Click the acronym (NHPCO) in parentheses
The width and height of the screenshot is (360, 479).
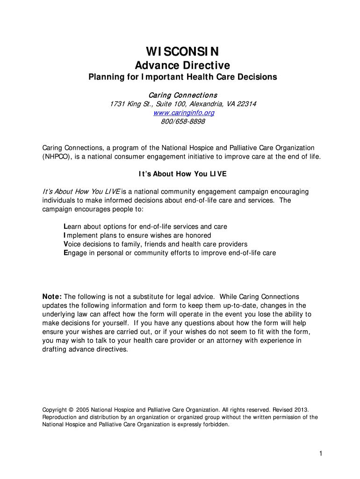pyautogui.click(x=57, y=156)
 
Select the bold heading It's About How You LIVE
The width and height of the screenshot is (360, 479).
pyautogui.click(x=182, y=174)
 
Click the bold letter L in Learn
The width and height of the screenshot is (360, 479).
pyautogui.click(x=65, y=227)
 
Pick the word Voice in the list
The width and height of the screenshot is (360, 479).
pyautogui.click(x=72, y=244)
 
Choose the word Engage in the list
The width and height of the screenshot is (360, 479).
pyautogui.click(x=75, y=253)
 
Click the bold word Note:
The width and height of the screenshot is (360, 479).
pyautogui.click(x=52, y=297)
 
